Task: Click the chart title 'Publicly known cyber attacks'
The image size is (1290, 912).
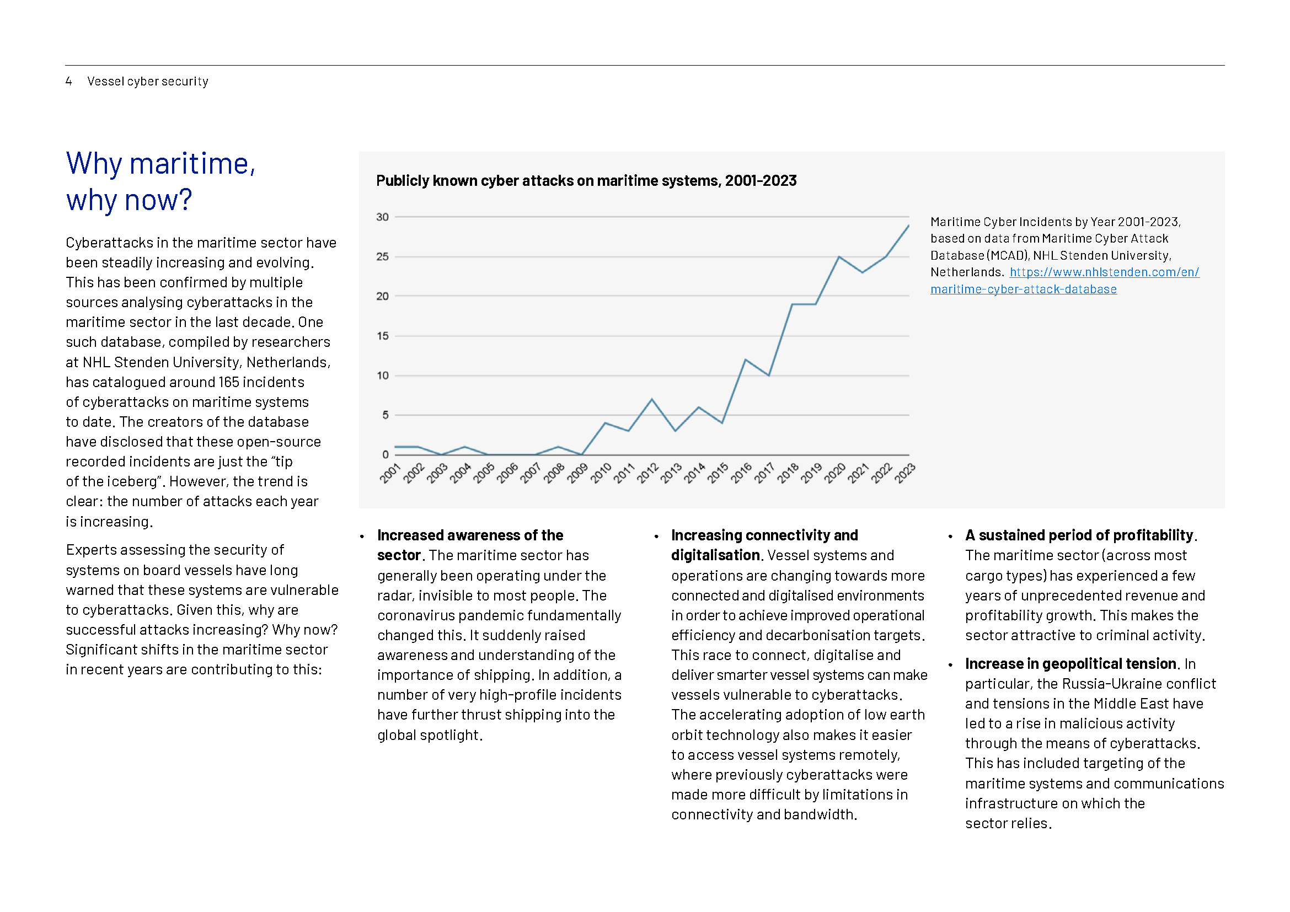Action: [x=586, y=181]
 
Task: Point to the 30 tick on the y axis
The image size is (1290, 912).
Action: [x=383, y=217]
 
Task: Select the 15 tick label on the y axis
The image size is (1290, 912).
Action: [x=383, y=336]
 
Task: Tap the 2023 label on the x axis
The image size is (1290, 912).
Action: [x=904, y=474]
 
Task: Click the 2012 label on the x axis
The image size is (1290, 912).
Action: [x=647, y=474]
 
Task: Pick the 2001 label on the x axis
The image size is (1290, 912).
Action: [x=390, y=474]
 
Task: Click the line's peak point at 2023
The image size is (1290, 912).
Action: [x=908, y=226]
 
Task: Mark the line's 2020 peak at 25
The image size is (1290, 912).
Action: [x=839, y=256]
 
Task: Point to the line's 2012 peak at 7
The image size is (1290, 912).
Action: [x=652, y=399]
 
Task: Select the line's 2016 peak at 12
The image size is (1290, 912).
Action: [x=746, y=360]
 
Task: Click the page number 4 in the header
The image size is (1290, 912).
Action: [x=68, y=82]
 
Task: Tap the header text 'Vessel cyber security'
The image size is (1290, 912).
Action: [x=148, y=82]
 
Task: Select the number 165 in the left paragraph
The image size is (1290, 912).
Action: [x=229, y=383]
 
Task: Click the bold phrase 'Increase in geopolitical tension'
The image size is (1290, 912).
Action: [x=1071, y=664]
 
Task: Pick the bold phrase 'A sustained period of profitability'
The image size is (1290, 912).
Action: [x=1079, y=535]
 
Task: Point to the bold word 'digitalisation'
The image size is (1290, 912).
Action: [x=715, y=555]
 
